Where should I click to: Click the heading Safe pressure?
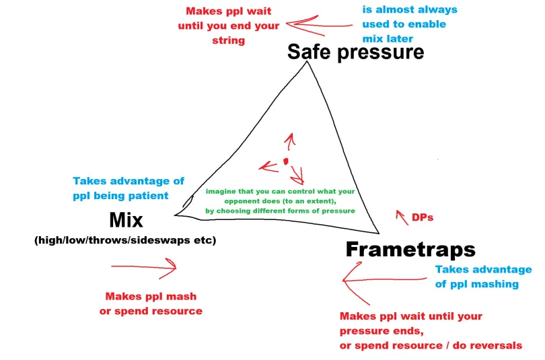(x=355, y=52)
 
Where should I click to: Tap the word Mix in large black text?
(x=126, y=220)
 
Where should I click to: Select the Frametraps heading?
(x=410, y=250)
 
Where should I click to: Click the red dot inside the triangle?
(x=285, y=161)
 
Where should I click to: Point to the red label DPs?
(x=423, y=217)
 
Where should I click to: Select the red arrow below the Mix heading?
(x=143, y=267)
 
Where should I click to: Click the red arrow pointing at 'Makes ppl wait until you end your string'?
(x=318, y=25)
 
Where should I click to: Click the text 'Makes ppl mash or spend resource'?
(x=153, y=303)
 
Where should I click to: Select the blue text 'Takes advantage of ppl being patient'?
(x=129, y=188)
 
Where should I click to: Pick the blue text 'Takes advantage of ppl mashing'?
(x=483, y=277)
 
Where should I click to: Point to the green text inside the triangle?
(x=279, y=201)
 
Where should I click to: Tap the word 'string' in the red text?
(x=229, y=40)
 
